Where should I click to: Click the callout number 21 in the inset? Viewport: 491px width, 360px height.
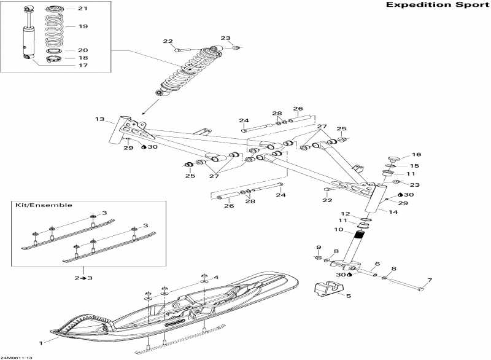(83, 9)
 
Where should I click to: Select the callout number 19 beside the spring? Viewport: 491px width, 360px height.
(83, 27)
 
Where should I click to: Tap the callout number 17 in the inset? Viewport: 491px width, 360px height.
(83, 65)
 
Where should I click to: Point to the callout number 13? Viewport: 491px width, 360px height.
(100, 119)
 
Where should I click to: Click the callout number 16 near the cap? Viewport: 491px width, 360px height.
(416, 155)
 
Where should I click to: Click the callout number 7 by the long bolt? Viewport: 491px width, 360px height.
(430, 281)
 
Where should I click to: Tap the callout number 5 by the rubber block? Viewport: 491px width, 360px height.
(348, 296)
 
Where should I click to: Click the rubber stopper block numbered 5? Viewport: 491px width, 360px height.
(326, 289)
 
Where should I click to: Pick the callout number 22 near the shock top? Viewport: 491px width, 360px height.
(168, 41)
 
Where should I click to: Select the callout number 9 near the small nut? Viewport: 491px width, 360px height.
(319, 247)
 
